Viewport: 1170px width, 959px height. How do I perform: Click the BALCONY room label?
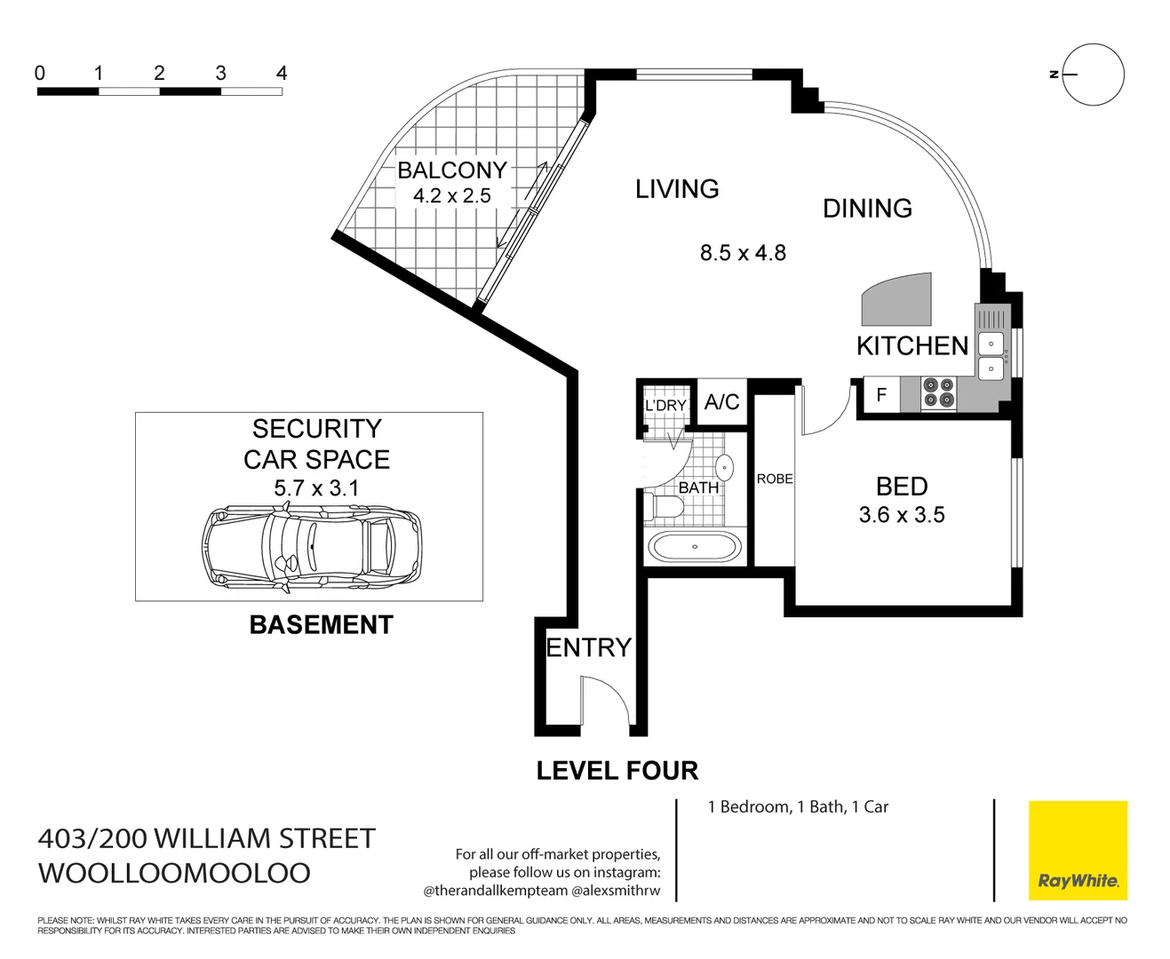coord(451,170)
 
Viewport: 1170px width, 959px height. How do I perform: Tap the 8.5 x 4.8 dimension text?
coord(743,253)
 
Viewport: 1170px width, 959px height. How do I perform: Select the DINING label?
coord(867,209)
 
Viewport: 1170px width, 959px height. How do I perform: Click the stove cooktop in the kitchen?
coord(938,393)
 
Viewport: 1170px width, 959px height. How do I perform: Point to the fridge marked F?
coord(881,395)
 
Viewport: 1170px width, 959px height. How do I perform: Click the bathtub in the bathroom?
coord(695,547)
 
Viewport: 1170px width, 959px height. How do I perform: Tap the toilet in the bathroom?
coord(666,508)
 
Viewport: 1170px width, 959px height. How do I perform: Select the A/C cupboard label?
coord(721,402)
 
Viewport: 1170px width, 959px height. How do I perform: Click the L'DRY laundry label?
coord(665,406)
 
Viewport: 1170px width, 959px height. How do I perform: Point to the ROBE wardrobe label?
coord(774,479)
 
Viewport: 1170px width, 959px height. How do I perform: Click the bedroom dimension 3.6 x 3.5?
coord(901,515)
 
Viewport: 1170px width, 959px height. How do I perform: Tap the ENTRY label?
coord(588,647)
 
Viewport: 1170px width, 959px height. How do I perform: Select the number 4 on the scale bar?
coord(282,74)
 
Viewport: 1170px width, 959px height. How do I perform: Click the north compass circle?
coord(1093,75)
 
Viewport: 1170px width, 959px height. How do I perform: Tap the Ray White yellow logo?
coord(1078,850)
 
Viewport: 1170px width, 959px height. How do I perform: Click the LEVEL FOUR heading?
coord(617,771)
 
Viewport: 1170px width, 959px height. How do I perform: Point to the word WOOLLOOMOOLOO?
coord(174,873)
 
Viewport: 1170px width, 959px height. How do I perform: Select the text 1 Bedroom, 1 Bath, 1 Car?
coord(798,807)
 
